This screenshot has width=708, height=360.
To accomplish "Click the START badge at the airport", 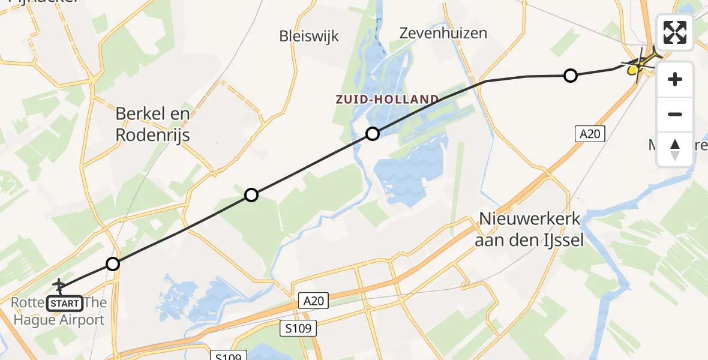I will pos(64,303).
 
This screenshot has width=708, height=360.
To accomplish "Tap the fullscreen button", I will pos(675,32).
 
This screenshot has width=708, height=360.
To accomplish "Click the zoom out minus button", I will pos(675,114).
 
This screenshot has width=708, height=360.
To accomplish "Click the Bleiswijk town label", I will pos(309,36).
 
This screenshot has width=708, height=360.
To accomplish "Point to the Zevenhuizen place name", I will pos(443,33).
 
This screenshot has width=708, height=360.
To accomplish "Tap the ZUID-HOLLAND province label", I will pos(388,99).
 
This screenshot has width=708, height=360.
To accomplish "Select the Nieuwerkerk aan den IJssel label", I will pos(529,230).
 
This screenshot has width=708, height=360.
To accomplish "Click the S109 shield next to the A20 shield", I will pos(298,328).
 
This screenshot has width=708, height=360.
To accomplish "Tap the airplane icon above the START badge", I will pos(60,284).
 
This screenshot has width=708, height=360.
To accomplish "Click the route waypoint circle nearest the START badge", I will pos(113,263).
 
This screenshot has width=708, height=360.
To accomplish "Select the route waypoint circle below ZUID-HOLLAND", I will pos(373,133).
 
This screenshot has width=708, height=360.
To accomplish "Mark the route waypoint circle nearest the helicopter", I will pos(571,76).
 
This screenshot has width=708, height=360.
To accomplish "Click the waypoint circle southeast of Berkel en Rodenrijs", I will pos(251,195).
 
